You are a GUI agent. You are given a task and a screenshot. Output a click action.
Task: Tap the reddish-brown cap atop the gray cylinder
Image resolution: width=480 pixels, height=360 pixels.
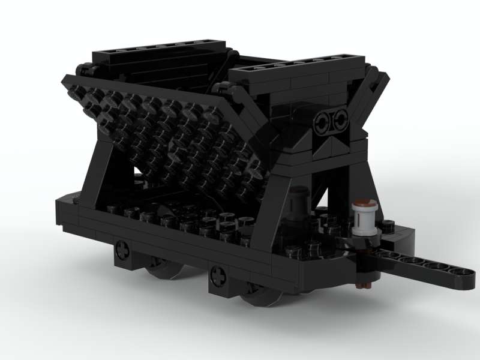364,202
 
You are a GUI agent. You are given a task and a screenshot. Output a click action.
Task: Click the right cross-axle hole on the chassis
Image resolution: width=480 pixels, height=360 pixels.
218,278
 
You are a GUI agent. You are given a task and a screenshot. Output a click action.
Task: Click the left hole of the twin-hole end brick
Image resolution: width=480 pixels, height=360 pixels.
323,120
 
